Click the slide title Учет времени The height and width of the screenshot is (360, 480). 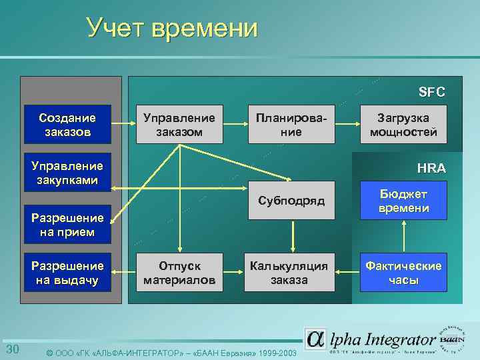pos(172,27)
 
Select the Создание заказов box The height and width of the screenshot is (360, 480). pos(67,125)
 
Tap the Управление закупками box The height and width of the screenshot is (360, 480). pos(67,173)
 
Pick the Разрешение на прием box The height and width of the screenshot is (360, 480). pos(67,225)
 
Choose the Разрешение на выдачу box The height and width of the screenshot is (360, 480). pos(67,273)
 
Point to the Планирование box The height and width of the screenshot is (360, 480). pos(291,125)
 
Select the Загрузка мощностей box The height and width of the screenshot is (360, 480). pos(403,125)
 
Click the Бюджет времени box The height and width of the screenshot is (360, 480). pos(403,201)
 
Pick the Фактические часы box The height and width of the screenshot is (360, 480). pos(403,273)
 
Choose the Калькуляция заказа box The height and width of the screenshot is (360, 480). pos(291,273)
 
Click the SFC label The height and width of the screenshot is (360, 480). pos(431,92)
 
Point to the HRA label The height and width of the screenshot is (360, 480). pos(431,168)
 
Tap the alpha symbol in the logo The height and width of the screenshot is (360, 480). pos(315,339)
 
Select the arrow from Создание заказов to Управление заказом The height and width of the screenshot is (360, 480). pos(123,124)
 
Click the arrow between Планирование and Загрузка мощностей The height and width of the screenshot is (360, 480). pos(348,124)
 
